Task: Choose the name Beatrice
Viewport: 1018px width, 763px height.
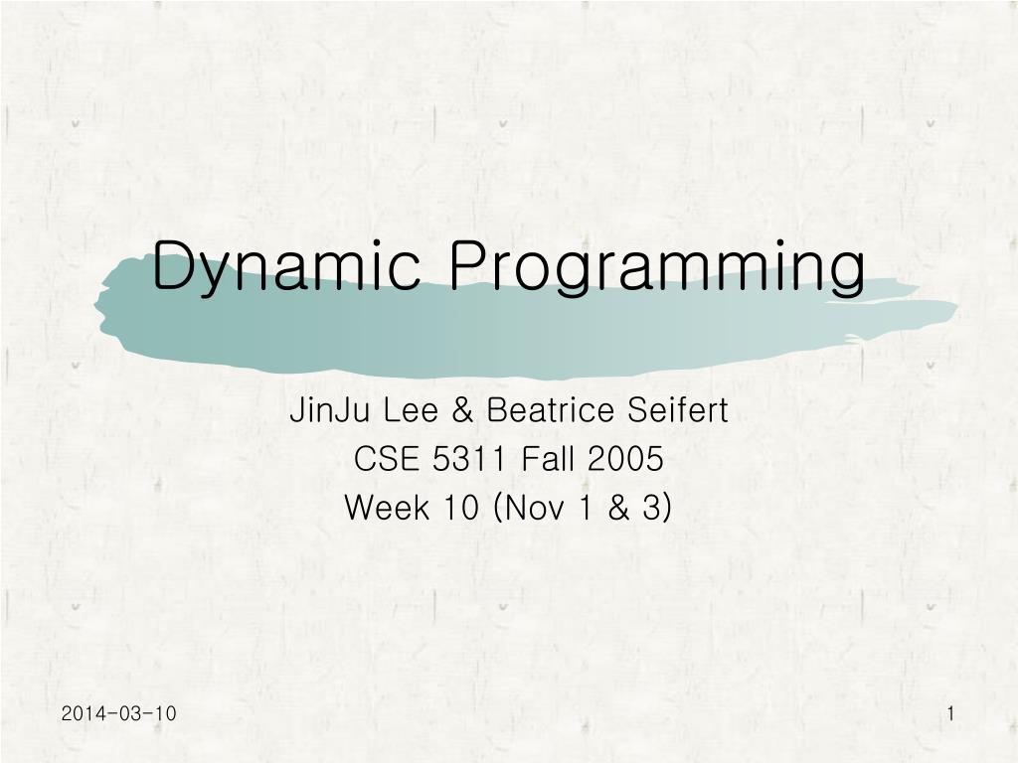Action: (x=548, y=409)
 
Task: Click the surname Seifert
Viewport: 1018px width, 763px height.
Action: (x=676, y=409)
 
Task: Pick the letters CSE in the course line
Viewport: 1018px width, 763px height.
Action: (x=382, y=459)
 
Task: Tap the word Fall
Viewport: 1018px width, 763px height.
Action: (x=549, y=459)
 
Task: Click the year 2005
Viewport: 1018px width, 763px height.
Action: (x=625, y=459)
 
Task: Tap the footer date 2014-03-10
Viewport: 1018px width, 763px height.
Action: (x=118, y=713)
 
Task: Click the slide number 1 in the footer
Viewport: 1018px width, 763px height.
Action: (x=951, y=713)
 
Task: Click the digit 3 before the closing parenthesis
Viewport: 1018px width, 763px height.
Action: (x=651, y=508)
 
